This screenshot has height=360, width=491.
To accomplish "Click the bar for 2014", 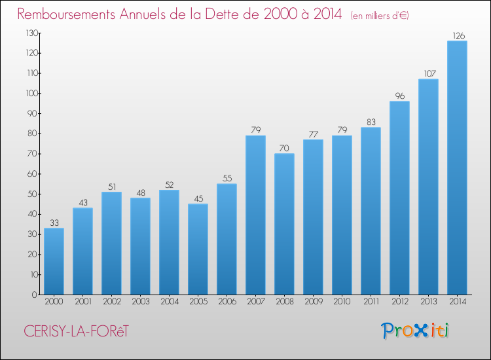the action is [x=457, y=168].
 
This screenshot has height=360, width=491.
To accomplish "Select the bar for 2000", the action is [x=54, y=261].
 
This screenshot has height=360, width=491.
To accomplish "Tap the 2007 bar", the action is [x=255, y=215].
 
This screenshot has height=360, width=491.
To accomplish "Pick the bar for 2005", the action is [x=198, y=249].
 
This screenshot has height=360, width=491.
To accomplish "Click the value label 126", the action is [x=459, y=36].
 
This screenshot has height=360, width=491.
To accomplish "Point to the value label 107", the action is [x=430, y=73].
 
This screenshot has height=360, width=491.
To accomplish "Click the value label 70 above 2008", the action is [x=284, y=148].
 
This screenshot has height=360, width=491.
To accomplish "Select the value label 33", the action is [x=54, y=223].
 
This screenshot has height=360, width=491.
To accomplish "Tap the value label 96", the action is [x=400, y=96].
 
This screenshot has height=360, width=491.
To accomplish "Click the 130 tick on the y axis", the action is [x=32, y=33].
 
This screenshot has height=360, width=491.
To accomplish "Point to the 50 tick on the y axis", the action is [x=33, y=194].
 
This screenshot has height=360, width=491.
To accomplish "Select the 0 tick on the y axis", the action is [x=35, y=295].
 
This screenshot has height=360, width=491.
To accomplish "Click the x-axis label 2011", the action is [x=371, y=302].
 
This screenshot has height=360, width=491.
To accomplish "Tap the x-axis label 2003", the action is [x=141, y=302].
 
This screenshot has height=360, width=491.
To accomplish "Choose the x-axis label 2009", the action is [x=314, y=302].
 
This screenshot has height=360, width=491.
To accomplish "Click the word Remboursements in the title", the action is [x=66, y=14].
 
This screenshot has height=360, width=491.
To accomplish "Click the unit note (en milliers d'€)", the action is [x=380, y=16].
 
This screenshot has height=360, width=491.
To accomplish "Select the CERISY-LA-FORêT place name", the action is [x=76, y=331].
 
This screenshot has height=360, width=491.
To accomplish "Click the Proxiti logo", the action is [x=415, y=331].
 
